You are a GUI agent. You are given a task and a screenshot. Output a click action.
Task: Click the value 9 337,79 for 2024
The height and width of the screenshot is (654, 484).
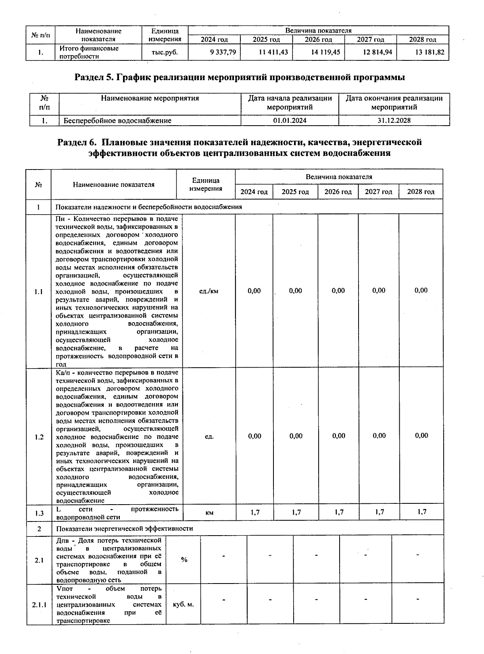pyautogui.click(x=223, y=52)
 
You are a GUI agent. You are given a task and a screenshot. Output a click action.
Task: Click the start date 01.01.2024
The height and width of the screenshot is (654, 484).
pyautogui.click(x=290, y=120)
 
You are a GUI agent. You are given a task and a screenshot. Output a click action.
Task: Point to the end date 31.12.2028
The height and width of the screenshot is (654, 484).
pyautogui.click(x=394, y=120)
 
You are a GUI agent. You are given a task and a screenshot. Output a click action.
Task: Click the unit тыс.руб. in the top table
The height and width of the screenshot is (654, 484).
pyautogui.click(x=164, y=52)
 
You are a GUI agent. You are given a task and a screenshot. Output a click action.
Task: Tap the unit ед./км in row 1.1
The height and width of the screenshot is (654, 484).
pyautogui.click(x=209, y=291)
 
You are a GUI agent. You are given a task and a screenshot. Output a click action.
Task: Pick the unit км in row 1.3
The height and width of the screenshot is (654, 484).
pyautogui.click(x=209, y=513)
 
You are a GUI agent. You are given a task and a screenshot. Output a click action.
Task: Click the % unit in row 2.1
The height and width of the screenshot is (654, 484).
pyautogui.click(x=184, y=560)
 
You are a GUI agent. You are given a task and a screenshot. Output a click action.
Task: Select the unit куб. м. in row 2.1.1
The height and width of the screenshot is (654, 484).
pyautogui.click(x=183, y=604)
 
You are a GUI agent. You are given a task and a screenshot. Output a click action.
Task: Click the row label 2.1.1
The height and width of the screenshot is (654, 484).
pyautogui.click(x=39, y=605)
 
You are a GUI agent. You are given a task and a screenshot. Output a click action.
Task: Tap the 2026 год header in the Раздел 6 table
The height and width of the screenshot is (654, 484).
pyautogui.click(x=338, y=192)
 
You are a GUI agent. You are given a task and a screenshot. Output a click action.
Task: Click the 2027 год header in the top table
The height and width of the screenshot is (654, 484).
pyautogui.click(x=370, y=39)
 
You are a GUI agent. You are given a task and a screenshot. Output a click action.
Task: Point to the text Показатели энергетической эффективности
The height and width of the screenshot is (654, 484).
pyautogui.click(x=124, y=528)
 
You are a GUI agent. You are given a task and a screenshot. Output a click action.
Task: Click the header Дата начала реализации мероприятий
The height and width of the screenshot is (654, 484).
pyautogui.click(x=290, y=103)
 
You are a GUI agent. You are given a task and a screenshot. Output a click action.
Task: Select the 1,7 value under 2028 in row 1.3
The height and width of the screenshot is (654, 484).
pyautogui.click(x=421, y=512)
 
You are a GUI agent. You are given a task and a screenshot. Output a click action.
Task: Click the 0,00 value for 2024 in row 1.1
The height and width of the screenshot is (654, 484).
pyautogui.click(x=254, y=291)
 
